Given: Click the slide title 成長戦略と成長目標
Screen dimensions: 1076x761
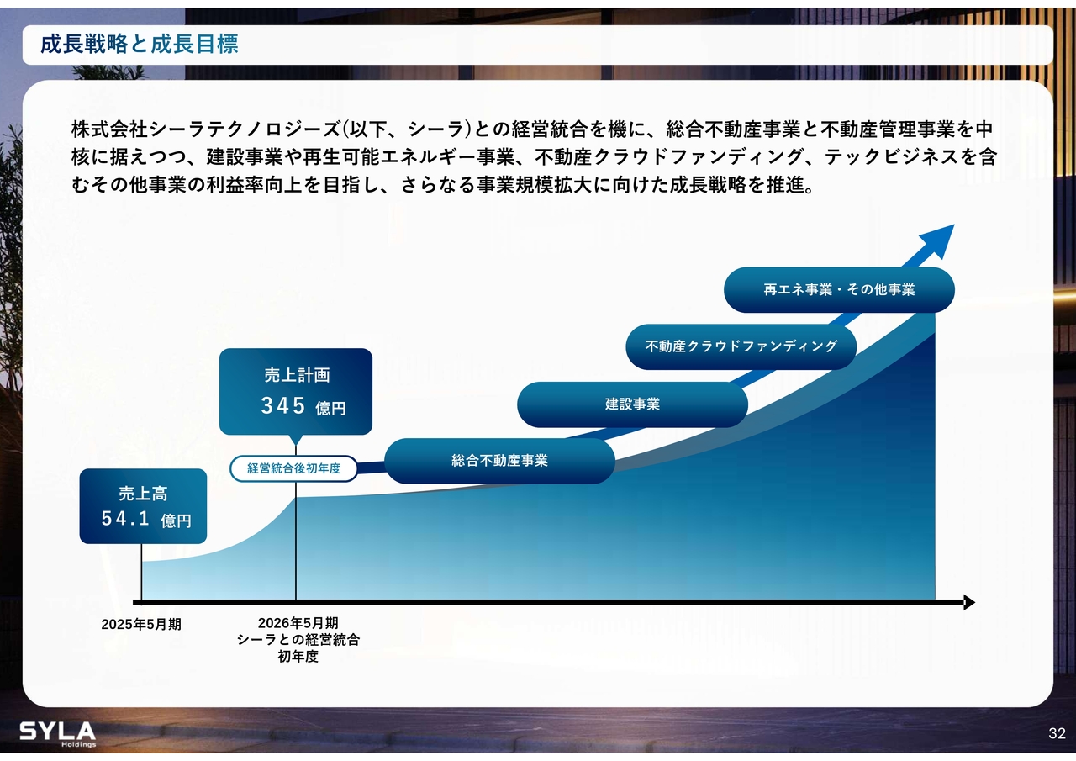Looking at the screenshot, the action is click(140, 45).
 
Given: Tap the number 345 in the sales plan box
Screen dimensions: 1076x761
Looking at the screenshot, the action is click(283, 406).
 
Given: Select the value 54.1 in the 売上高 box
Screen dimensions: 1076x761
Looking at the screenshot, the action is click(125, 519).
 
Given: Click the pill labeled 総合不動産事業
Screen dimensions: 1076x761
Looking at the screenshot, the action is click(499, 461).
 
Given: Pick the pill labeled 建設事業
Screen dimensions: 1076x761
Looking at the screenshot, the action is click(632, 404).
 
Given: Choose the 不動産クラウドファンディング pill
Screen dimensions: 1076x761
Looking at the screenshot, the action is click(741, 347).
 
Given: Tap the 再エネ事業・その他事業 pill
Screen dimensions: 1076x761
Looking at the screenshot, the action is click(839, 290).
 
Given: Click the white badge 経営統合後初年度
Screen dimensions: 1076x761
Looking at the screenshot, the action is click(294, 468).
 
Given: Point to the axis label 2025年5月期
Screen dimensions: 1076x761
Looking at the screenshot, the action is click(141, 625).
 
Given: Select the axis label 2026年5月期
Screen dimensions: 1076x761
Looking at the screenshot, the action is click(298, 623).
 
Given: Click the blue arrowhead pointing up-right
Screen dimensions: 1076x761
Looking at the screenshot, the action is click(936, 241).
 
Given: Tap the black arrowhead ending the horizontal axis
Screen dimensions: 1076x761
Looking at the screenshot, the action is click(969, 602).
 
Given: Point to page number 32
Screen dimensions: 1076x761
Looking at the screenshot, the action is click(1057, 733).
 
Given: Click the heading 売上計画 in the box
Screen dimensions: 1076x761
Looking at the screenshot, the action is click(297, 375).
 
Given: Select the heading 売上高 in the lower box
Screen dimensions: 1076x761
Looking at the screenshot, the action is click(143, 494).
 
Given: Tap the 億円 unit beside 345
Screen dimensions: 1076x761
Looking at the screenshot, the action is click(330, 409).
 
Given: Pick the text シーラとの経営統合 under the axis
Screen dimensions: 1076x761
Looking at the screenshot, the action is click(298, 640).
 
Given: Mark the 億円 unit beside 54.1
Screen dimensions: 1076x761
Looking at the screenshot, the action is click(176, 521).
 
